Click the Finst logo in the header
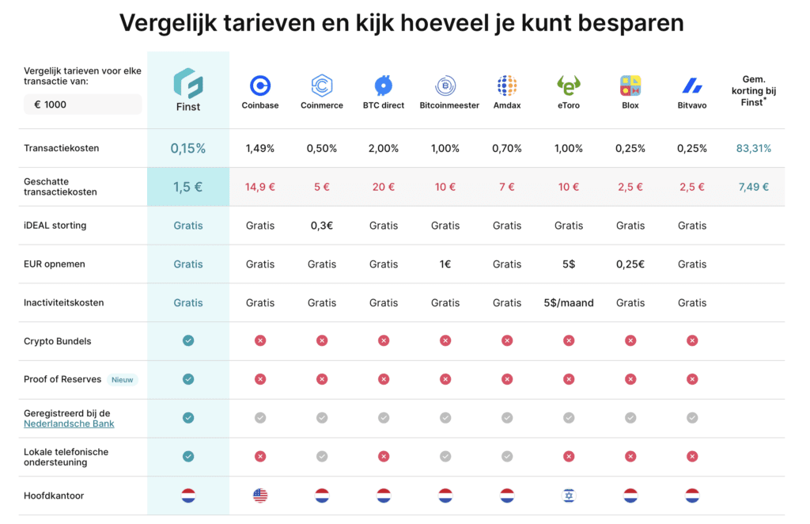[x=188, y=83]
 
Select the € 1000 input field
[x=82, y=104]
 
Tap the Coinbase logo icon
[x=260, y=85]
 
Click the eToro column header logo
[x=569, y=85]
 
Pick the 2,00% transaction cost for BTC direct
[x=384, y=149]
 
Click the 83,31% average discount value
[x=754, y=149]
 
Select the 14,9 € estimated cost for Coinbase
[x=260, y=188]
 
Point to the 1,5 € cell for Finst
[x=188, y=188]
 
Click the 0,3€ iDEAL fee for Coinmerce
[x=322, y=226]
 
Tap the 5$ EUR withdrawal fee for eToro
[x=569, y=264]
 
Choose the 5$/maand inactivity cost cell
[x=569, y=303]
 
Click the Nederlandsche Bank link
[x=69, y=424]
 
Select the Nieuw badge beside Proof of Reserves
[x=123, y=380]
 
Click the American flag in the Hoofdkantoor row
[x=260, y=496]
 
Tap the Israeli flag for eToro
[x=569, y=496]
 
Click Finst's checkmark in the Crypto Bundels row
[x=188, y=341]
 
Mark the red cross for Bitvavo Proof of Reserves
[x=692, y=380]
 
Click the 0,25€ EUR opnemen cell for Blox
[x=630, y=264]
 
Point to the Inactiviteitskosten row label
[x=64, y=303]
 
